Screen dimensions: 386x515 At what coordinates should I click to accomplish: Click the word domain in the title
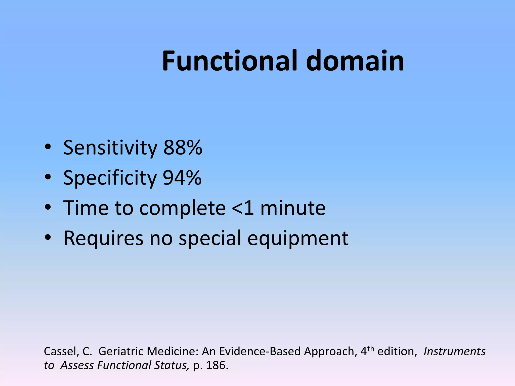point(355,61)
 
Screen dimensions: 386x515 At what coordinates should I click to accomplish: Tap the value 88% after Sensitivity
point(183,148)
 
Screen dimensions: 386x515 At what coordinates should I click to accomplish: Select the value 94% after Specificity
point(182,178)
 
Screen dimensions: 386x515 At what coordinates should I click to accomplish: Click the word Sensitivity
point(110,148)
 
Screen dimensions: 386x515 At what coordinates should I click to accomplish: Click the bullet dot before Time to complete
point(48,208)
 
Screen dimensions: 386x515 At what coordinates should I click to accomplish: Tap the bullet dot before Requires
point(48,238)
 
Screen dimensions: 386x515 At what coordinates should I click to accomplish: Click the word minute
point(293,208)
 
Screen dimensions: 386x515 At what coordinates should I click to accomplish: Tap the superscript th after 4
point(371,349)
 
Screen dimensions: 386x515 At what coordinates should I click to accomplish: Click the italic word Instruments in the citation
point(454,351)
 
